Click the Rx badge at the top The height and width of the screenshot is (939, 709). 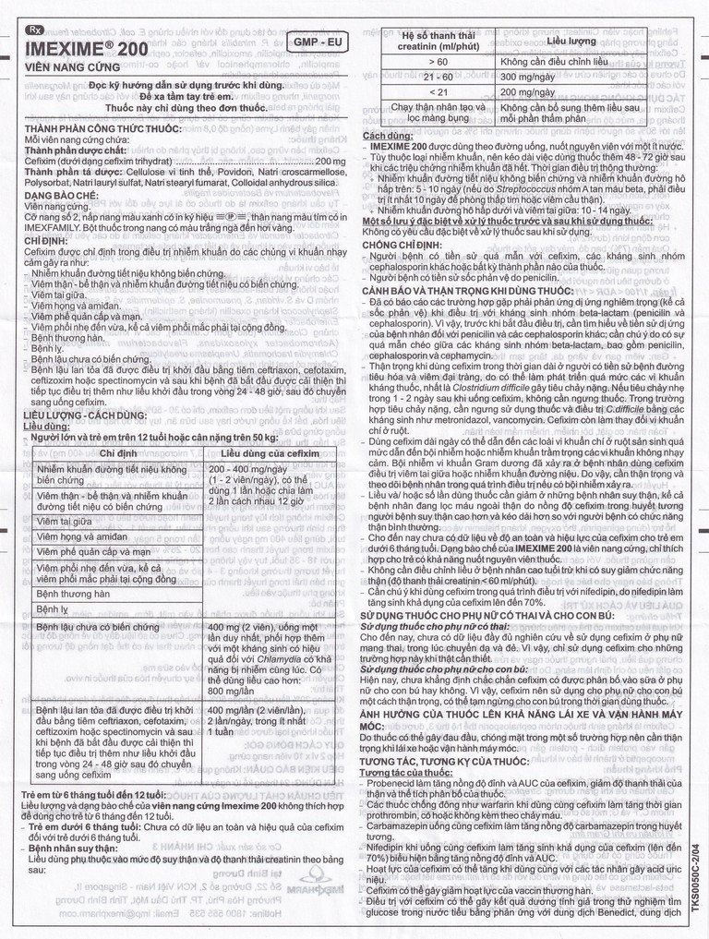(36, 30)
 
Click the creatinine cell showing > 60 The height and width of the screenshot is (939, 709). (439, 61)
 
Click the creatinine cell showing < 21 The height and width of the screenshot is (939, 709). (439, 92)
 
